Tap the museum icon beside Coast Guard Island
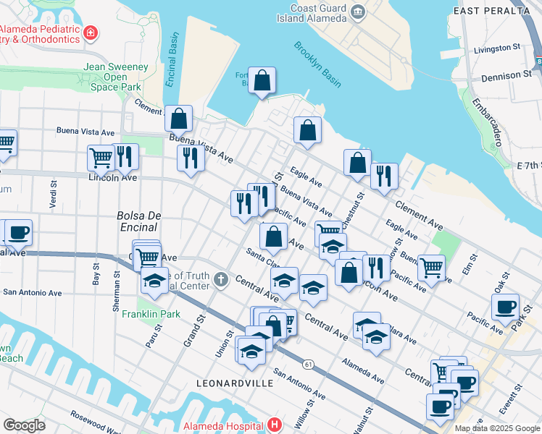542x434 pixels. click(x=358, y=12)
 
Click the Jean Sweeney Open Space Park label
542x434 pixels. click(x=116, y=77)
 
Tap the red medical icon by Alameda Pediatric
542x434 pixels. click(x=90, y=33)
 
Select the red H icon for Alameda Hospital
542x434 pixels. click(x=274, y=425)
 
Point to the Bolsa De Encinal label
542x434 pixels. click(x=137, y=221)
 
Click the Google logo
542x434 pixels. click(x=24, y=425)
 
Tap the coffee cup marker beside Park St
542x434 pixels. click(x=505, y=306)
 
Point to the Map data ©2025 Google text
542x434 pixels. click(x=497, y=428)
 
